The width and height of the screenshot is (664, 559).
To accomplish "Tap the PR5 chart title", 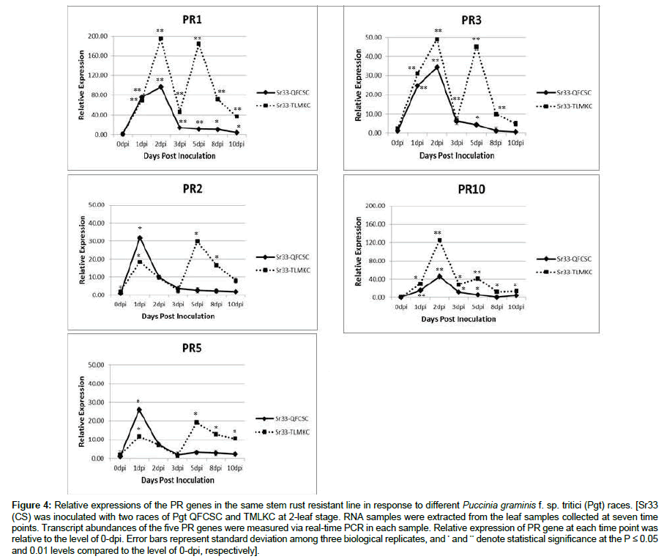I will pos(194,347).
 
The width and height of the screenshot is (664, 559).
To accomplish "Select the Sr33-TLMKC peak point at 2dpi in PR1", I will pos(160,39).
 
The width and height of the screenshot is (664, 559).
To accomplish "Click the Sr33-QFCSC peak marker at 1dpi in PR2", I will pos(140,238).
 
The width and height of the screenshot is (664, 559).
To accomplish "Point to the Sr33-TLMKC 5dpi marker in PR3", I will pos(476,47).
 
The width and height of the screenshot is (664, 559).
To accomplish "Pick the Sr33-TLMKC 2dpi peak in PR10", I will pos(439,240).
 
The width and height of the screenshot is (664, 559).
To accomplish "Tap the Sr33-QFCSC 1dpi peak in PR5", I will pos(139,410).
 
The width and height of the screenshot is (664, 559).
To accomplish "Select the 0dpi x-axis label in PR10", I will pos(400,308).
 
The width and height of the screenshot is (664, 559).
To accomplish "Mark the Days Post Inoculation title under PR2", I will pos(179,316).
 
